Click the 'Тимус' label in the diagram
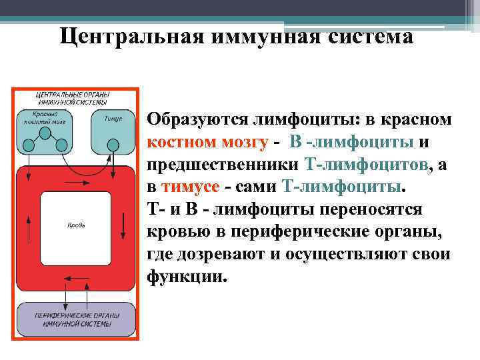[x=113, y=118]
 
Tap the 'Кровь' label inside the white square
[x=75, y=224]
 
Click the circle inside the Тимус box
[x=113, y=144]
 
